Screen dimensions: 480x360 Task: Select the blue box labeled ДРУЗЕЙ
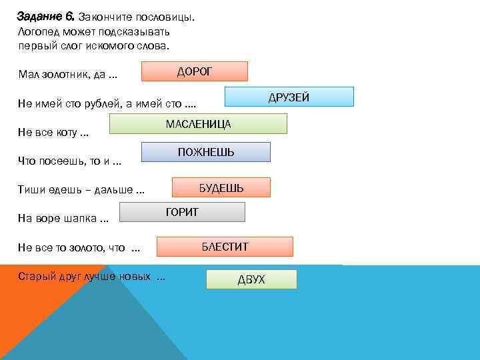pyautogui.click(x=289, y=97)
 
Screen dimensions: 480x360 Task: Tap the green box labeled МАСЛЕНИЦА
pyautogui.click(x=198, y=124)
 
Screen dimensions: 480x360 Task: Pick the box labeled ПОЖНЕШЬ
pyautogui.click(x=205, y=152)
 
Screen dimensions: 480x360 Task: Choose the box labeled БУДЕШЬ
pyautogui.click(x=221, y=188)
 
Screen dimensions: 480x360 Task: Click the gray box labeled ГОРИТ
pyautogui.click(x=182, y=212)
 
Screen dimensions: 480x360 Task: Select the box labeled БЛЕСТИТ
pyautogui.click(x=225, y=247)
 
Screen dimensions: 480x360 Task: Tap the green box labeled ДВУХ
pyautogui.click(x=251, y=279)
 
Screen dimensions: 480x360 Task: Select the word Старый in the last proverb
pyautogui.click(x=36, y=276)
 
